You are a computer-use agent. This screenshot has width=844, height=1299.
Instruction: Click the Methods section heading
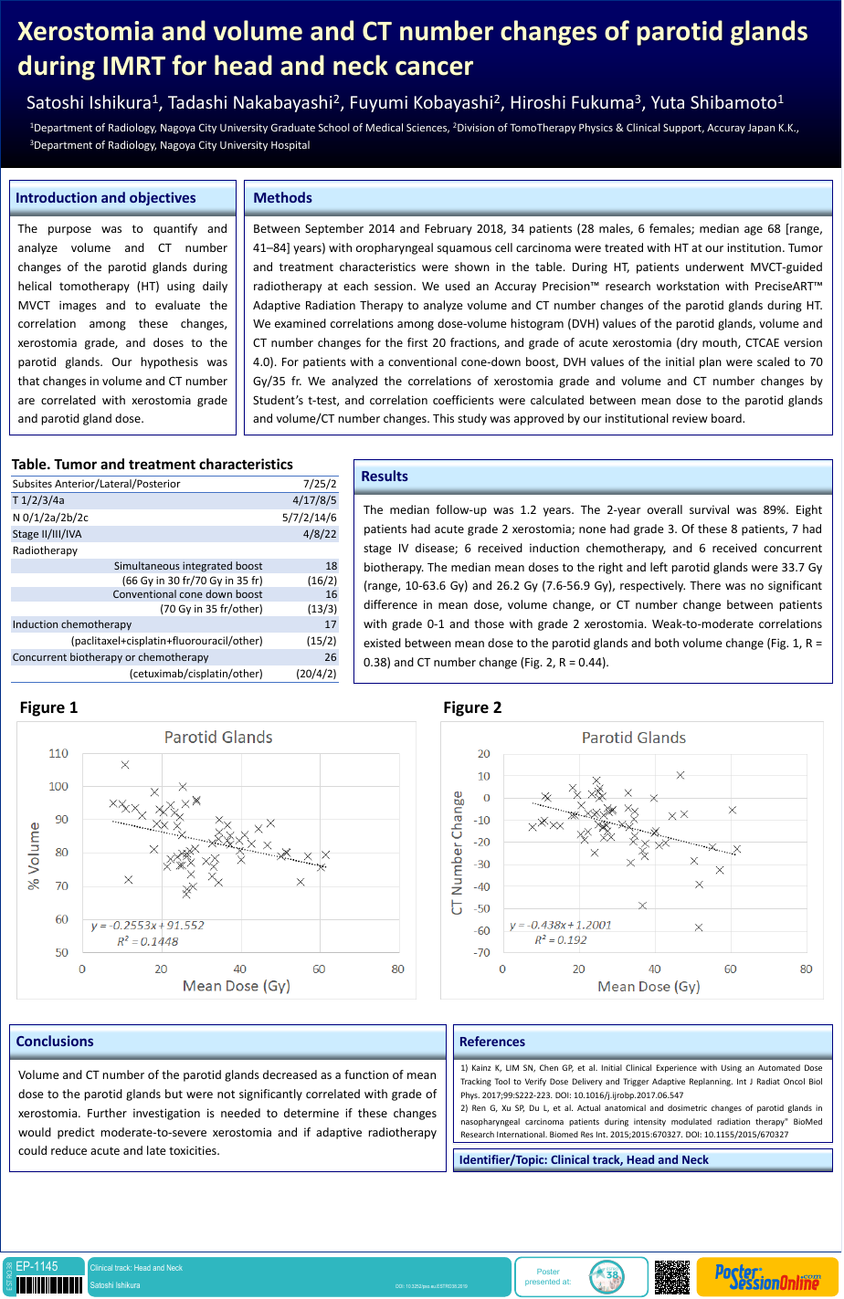click(282, 198)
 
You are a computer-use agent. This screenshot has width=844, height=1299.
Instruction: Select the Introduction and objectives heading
click(106, 198)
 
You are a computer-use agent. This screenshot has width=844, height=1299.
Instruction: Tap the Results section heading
click(385, 477)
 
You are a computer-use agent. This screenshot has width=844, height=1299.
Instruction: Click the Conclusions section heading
click(55, 1042)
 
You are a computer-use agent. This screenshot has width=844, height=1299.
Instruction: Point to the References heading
click(492, 1042)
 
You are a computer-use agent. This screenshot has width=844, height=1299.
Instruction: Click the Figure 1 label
click(49, 707)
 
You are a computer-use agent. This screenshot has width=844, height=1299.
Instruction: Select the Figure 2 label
click(472, 707)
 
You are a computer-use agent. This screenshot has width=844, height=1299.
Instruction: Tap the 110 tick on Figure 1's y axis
click(58, 753)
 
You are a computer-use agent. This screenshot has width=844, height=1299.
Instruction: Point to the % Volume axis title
click(34, 855)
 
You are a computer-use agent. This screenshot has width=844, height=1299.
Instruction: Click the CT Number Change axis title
click(458, 854)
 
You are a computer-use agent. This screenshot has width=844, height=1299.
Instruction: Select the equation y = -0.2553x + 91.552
click(147, 925)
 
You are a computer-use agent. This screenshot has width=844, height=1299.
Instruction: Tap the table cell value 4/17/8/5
click(314, 500)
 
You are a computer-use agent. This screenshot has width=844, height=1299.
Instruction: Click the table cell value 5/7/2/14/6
click(310, 518)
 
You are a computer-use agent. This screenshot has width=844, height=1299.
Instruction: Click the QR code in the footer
click(672, 1277)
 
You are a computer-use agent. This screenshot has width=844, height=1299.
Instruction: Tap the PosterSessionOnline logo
click(767, 1277)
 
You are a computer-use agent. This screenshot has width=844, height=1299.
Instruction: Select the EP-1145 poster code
click(37, 1266)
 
